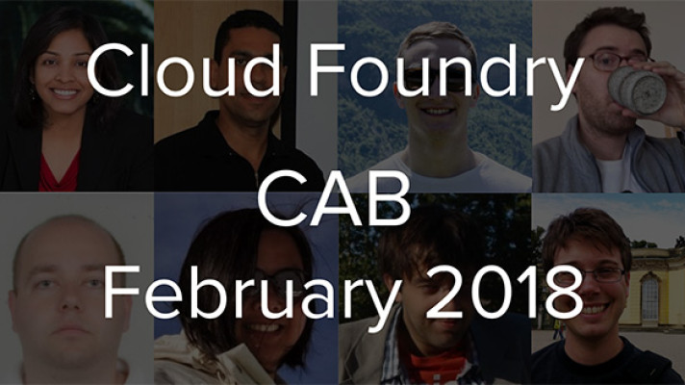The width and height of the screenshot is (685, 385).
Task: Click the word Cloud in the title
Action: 184,70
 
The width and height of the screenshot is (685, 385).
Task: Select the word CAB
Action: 335,199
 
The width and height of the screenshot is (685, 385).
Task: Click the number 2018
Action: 504,292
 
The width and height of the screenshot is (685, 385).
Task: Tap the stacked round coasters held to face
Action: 638,90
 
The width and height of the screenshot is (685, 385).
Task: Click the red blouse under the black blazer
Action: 59,172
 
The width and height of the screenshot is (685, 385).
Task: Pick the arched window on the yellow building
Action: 649,296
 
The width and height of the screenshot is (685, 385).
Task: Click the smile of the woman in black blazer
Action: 64,93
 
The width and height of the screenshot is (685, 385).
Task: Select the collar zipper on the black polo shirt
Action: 257,177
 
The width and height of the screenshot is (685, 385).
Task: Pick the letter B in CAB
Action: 391,199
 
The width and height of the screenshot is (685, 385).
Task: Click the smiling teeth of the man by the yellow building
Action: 594,309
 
